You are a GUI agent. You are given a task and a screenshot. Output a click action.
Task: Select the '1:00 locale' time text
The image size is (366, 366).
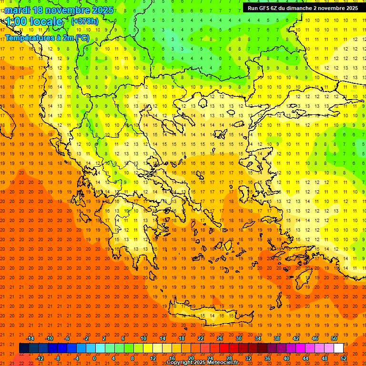(x=34, y=21)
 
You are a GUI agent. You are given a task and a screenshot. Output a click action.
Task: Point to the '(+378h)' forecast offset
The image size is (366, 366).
(x=84, y=21)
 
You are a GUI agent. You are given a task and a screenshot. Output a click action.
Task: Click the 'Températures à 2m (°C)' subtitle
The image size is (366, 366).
(x=47, y=38)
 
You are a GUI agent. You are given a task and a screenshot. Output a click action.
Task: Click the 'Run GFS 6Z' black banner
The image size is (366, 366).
(x=303, y=8)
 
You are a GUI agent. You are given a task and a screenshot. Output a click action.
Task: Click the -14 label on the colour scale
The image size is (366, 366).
(x=30, y=338)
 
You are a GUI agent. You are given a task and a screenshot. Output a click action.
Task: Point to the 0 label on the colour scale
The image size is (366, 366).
(x=94, y=358)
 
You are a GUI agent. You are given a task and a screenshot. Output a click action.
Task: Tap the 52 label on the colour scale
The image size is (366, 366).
(x=344, y=358)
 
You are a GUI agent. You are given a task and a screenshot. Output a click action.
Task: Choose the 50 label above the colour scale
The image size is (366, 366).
(x=334, y=338)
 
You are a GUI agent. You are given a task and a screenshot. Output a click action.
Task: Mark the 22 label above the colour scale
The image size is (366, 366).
(x=201, y=338)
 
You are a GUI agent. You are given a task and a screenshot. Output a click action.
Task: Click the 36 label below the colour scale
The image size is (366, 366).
(x=267, y=358)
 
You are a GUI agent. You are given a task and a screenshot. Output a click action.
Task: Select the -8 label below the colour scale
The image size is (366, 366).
(x=57, y=358)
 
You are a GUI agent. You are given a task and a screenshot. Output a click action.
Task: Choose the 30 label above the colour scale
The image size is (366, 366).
(x=238, y=338)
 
